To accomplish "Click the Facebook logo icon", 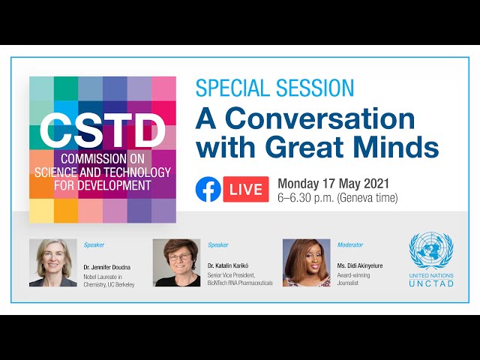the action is [208, 189].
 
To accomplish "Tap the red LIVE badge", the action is [246, 189].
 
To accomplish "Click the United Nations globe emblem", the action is [431, 250].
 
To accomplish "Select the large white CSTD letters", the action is [103, 130].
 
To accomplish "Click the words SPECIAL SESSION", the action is [274, 88].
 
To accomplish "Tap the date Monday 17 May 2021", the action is [333, 184].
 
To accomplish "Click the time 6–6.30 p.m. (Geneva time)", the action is [337, 198].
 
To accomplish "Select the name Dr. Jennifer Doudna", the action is [107, 267].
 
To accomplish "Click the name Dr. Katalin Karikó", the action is [228, 265].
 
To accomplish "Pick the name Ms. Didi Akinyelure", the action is [360, 265].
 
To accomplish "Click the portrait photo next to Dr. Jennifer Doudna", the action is [53, 262].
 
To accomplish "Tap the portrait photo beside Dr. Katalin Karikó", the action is [177, 262].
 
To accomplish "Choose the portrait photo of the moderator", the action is [307, 262].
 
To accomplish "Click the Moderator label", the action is [350, 245].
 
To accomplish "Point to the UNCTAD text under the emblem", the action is [431, 283].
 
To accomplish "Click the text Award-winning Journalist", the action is [353, 279].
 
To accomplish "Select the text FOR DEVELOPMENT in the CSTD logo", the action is [103, 185].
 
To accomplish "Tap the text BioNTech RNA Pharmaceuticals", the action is [240, 283].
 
